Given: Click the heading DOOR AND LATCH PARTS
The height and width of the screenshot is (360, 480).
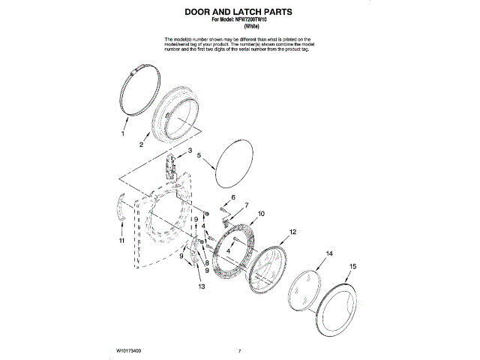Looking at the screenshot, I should click(x=239, y=13).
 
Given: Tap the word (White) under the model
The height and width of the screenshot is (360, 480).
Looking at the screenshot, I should click(x=240, y=28).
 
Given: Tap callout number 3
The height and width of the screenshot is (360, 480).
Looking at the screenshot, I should click(x=190, y=151).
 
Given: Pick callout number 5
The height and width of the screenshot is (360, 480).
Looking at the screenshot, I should click(x=199, y=155).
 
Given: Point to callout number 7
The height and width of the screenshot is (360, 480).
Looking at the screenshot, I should click(x=246, y=205).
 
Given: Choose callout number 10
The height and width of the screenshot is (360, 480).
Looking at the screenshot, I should click(x=261, y=214).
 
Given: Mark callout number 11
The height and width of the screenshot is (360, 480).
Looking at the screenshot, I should click(x=121, y=241).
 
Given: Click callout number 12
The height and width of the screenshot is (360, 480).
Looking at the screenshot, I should click(x=293, y=232).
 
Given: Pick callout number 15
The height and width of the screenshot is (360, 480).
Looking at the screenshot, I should click(x=353, y=266).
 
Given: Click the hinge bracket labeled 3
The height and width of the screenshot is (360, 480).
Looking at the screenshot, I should click(x=172, y=166).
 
